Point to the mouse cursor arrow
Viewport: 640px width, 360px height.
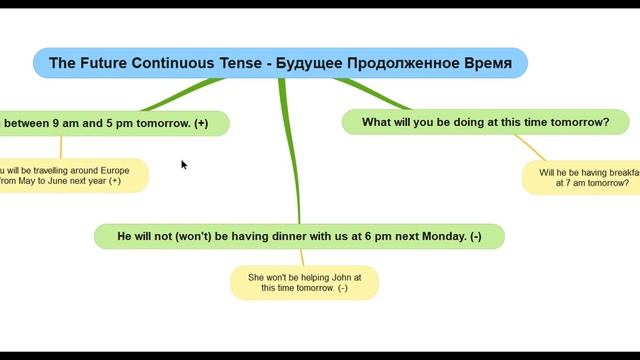183,164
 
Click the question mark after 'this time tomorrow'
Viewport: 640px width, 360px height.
606,122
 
